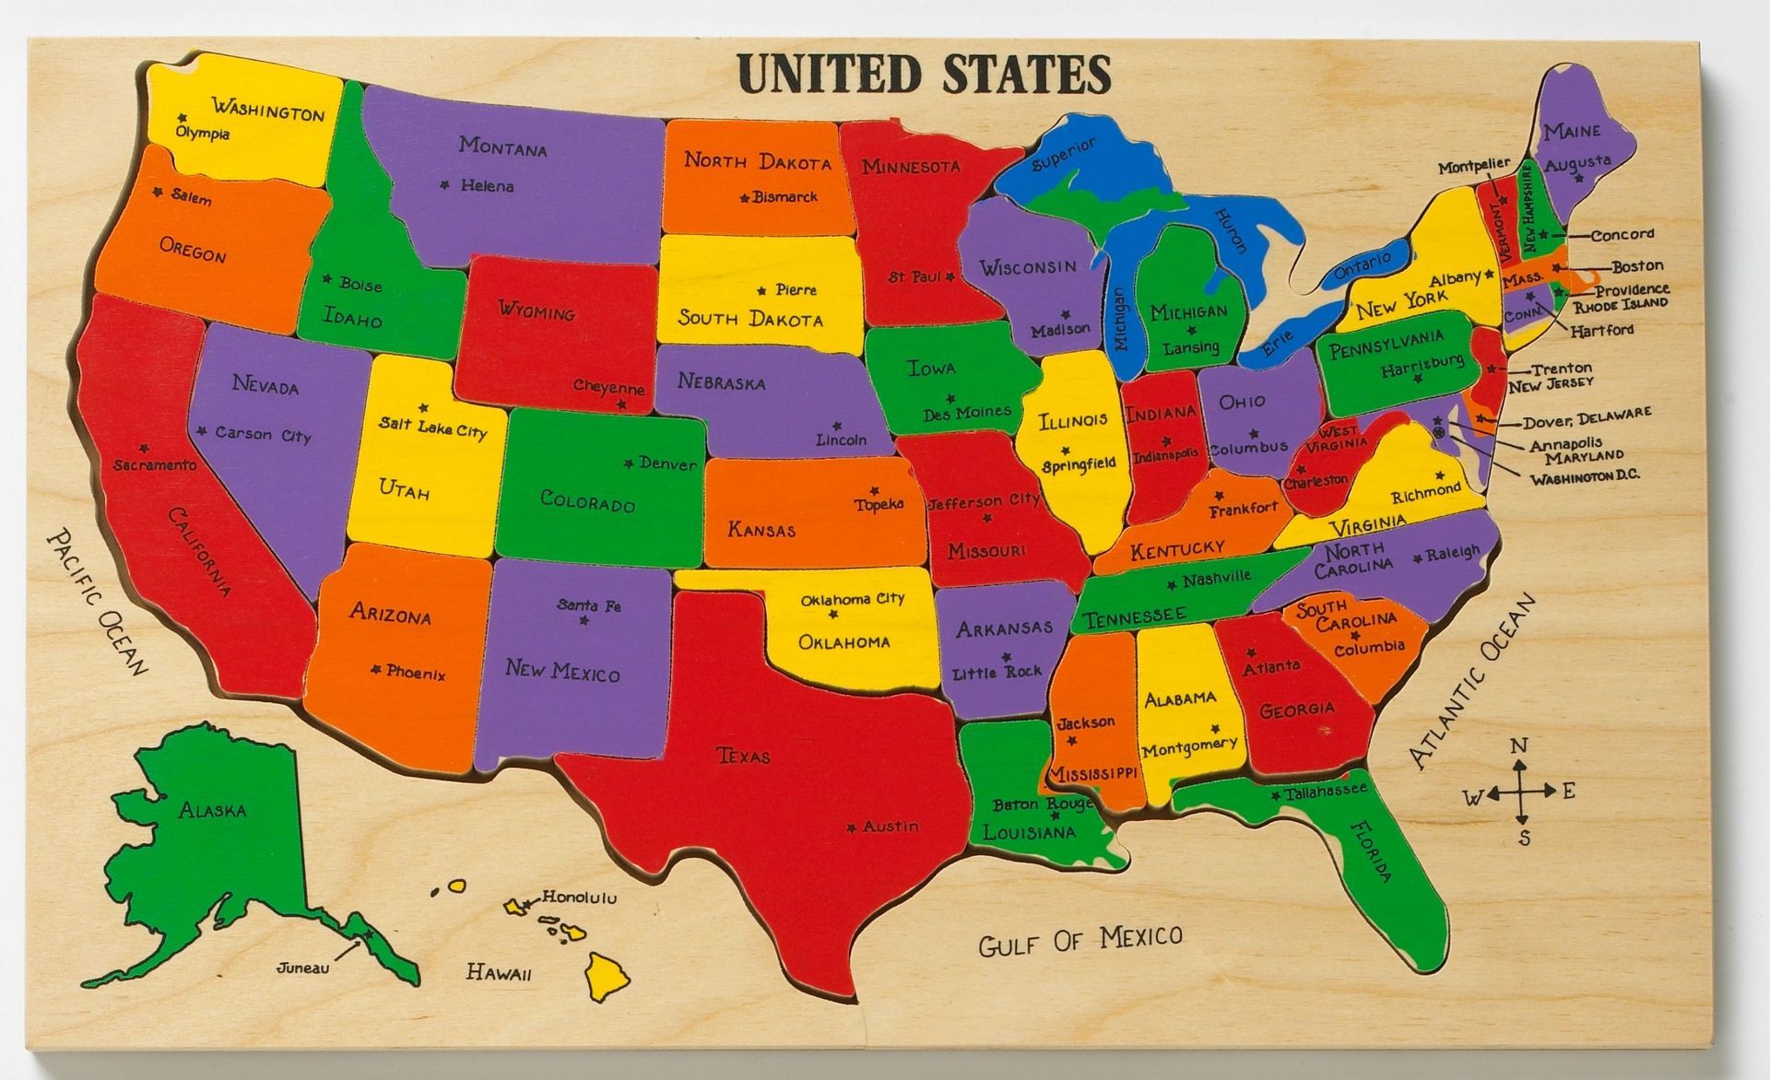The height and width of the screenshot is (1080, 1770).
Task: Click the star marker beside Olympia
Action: coord(183,117)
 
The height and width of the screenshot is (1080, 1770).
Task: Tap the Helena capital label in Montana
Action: coord(487,185)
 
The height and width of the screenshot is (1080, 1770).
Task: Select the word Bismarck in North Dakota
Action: coord(785,196)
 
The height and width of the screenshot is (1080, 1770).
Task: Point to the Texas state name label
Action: coord(743,756)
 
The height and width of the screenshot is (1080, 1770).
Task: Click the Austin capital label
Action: coord(890,827)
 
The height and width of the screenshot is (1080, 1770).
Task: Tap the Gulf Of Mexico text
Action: coord(1080,941)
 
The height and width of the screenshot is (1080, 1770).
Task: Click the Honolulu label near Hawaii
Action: coord(578,897)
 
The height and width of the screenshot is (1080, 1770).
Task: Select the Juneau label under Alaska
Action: coord(302,968)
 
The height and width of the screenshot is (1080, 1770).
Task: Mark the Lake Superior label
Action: coord(1064,155)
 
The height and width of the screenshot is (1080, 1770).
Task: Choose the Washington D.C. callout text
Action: coord(1585,477)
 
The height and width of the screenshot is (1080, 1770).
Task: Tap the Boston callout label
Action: coord(1637,266)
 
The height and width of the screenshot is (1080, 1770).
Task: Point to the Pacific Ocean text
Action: coord(97,601)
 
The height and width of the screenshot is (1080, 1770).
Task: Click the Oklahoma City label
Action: coord(852,599)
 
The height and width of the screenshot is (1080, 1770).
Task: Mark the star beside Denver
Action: coord(630,463)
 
